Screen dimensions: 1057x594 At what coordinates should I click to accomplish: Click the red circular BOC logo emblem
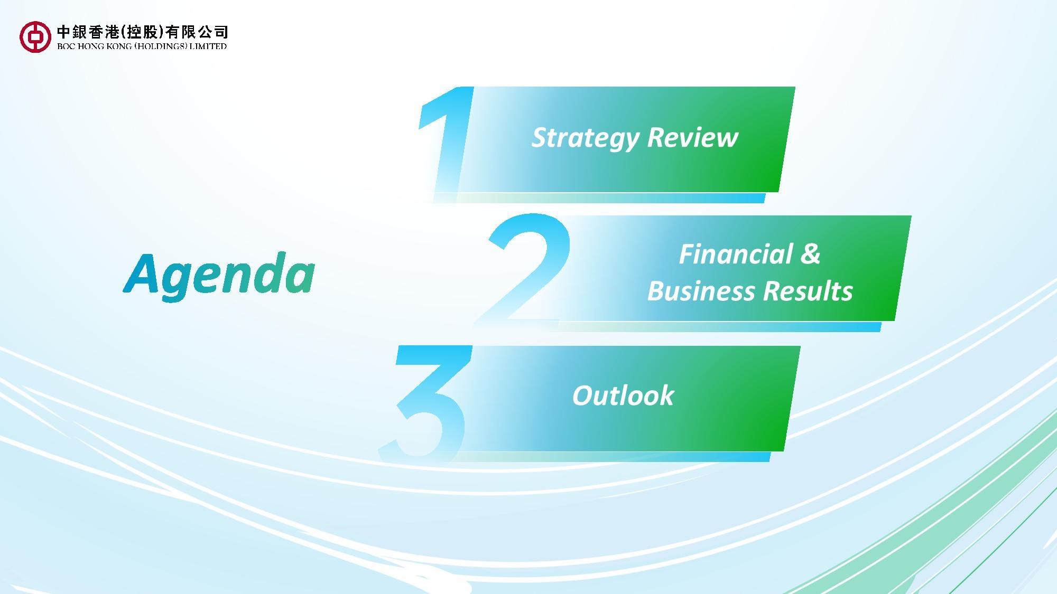[35, 36]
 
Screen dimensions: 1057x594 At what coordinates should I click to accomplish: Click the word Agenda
[219, 275]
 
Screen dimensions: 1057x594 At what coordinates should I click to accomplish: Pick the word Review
[693, 137]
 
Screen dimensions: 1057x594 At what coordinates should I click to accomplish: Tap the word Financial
[736, 254]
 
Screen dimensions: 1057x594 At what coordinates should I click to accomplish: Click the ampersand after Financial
[810, 254]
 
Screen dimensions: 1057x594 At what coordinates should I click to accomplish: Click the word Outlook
[623, 395]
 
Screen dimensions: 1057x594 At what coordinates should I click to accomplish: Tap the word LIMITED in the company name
[208, 46]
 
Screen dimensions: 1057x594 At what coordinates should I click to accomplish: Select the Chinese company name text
[143, 32]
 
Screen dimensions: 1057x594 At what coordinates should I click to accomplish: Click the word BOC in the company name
[66, 46]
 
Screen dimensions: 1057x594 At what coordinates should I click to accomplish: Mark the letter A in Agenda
[141, 273]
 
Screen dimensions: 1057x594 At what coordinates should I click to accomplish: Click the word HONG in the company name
[91, 46]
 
